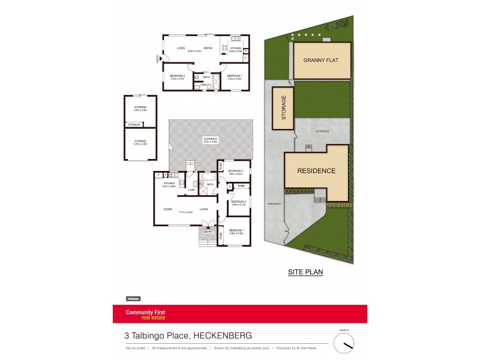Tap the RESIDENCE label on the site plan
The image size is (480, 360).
coord(316,171)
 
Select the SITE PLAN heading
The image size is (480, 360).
coord(306,272)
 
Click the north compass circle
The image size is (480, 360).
coord(344,341)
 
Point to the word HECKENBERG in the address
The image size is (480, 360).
coord(223,335)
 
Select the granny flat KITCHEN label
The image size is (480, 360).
coord(235,47)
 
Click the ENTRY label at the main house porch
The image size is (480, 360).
coord(208,232)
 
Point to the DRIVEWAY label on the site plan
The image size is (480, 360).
coord(274,204)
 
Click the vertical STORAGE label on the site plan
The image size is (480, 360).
coord(284,109)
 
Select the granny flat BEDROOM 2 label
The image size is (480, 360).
coord(176,76)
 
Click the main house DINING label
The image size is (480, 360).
coord(168,209)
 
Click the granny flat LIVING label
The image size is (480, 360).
coord(181,48)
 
